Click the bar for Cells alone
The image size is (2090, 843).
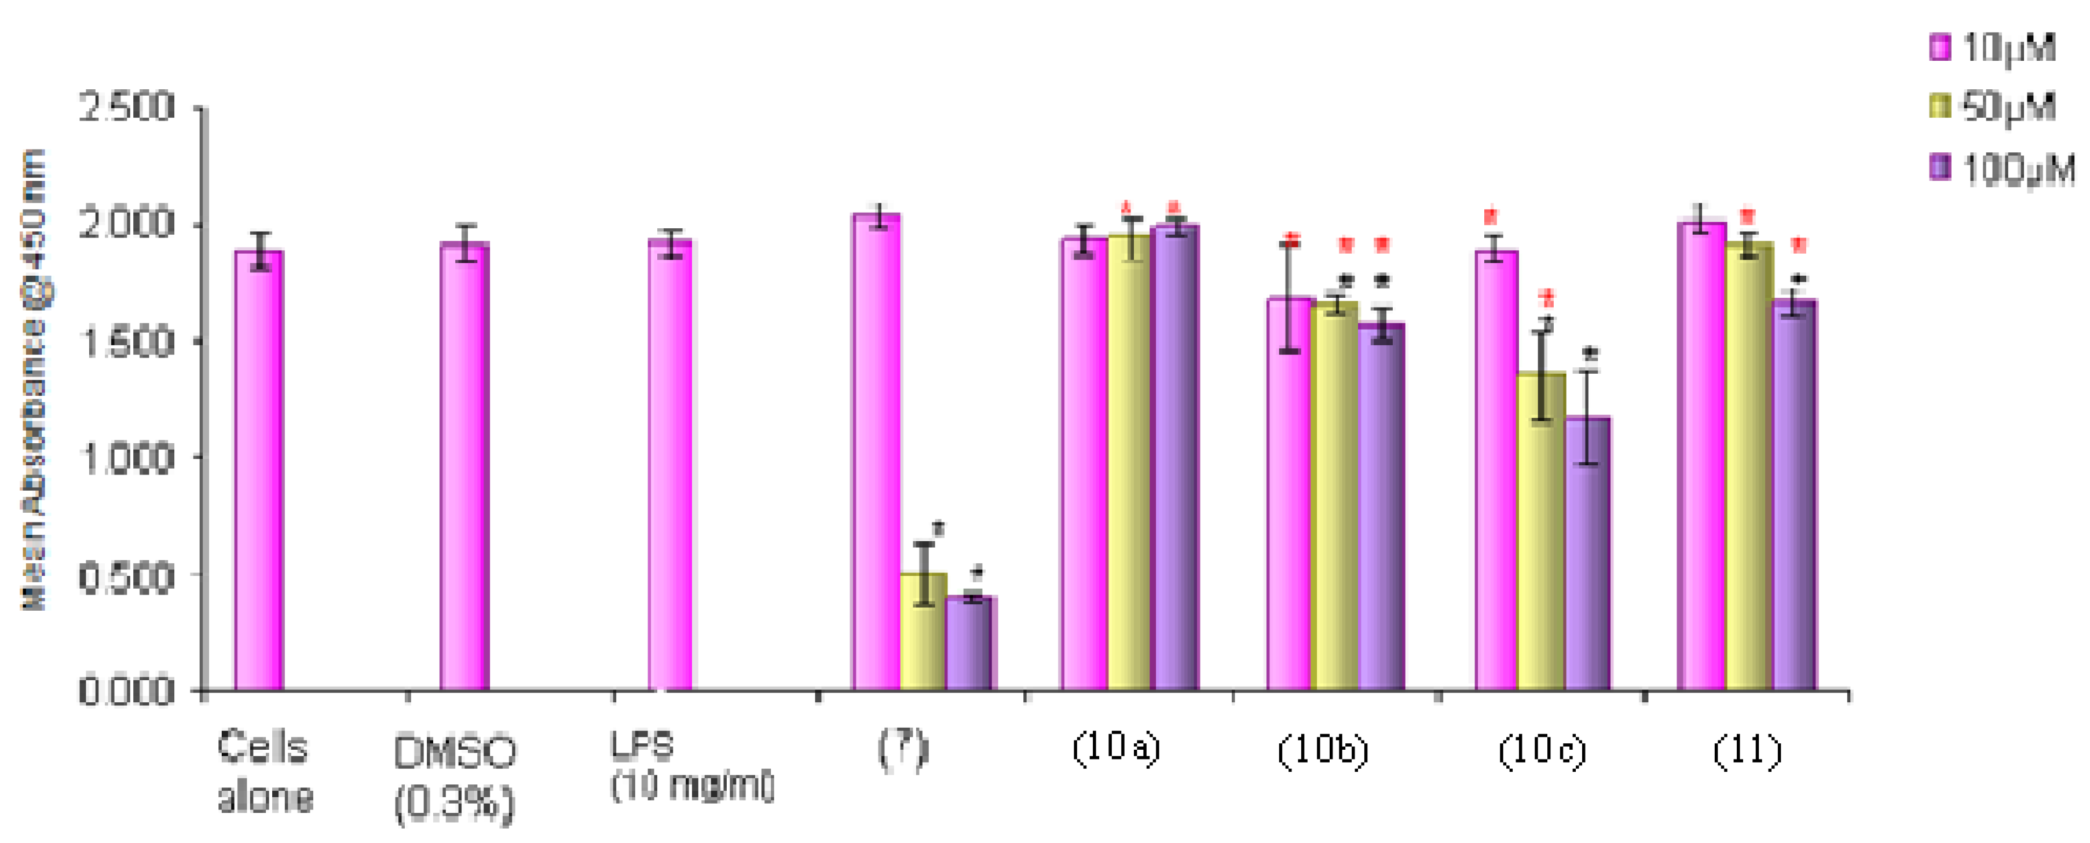259,470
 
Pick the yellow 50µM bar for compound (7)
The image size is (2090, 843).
923,632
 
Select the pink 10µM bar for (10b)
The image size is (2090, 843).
1290,495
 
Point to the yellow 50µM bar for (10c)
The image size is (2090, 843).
1542,531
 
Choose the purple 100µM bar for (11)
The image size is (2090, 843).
1795,495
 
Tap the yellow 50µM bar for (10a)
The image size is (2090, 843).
1129,462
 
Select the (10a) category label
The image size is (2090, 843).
1115,747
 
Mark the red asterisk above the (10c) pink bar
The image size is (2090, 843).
1491,217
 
